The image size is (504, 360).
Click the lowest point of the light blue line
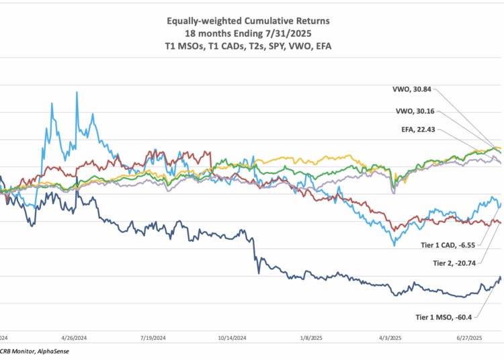click(394, 246)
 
